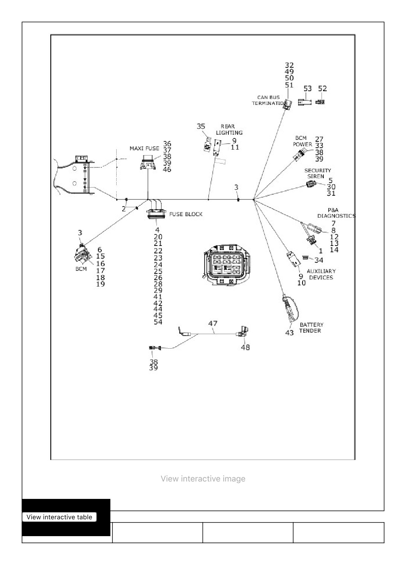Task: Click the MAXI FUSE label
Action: [144, 148]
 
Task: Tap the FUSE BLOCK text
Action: [186, 214]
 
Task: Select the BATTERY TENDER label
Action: [311, 327]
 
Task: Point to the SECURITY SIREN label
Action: [317, 173]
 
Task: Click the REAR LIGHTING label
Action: [229, 129]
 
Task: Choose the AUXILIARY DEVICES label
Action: [321, 274]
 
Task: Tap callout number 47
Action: [213, 324]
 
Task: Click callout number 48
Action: [245, 348]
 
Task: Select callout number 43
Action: [289, 333]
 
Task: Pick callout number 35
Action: [201, 127]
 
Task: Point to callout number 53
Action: [307, 89]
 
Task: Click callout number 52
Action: [323, 89]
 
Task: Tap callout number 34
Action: [319, 260]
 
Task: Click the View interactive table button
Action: [60, 517]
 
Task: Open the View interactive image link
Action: [203, 479]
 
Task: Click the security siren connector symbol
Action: [311, 184]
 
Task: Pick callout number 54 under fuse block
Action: [158, 322]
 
